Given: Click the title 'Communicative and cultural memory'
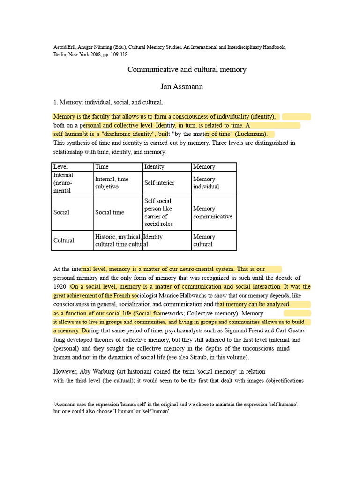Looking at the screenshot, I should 187,69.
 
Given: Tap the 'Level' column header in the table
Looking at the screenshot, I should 61,167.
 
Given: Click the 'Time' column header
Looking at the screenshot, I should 102,167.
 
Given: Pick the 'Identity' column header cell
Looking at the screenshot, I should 154,167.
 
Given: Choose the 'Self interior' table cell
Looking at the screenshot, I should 159,183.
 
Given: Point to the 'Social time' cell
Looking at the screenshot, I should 110,212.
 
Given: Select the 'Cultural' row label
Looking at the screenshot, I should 64,240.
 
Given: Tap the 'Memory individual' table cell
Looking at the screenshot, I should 206,183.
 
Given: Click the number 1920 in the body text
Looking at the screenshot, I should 60,286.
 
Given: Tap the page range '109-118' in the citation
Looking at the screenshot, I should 110,54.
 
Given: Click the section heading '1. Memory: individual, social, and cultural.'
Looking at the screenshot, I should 108,102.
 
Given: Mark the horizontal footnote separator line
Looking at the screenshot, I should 94,398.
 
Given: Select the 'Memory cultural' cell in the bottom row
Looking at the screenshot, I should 204,240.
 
